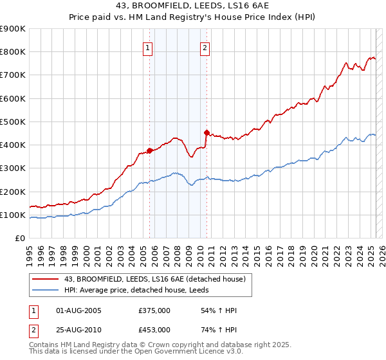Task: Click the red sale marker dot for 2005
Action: coord(149,150)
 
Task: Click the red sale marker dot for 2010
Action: coord(207,133)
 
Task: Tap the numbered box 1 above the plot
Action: coord(148,48)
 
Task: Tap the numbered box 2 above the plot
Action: coord(205,48)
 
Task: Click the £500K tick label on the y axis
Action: coord(13,122)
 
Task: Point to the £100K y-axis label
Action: coord(13,215)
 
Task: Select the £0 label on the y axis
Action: coord(19,238)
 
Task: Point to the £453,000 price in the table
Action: coord(154,329)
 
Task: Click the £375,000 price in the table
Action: coord(154,311)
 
